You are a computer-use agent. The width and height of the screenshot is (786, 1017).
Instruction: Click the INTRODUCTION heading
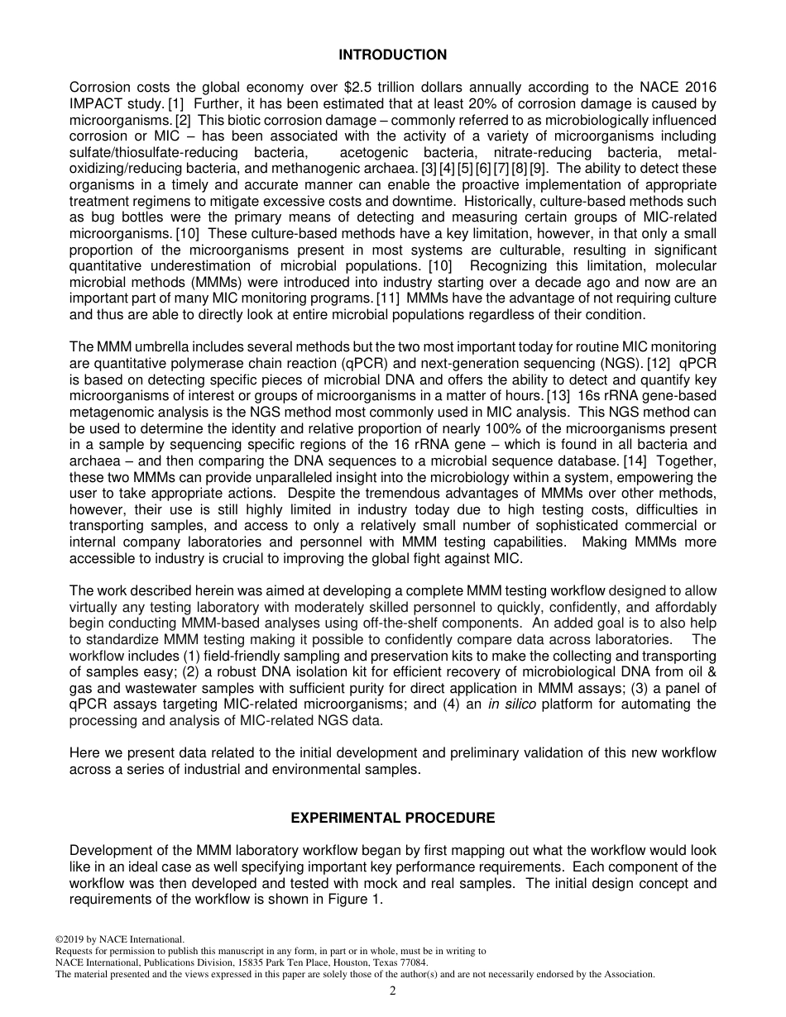pos(392,55)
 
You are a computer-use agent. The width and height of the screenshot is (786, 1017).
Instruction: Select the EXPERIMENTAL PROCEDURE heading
pos(392,818)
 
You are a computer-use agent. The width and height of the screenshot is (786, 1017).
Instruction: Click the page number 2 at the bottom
pos(392,991)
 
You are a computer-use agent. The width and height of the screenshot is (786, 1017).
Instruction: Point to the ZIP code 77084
pos(413,962)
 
